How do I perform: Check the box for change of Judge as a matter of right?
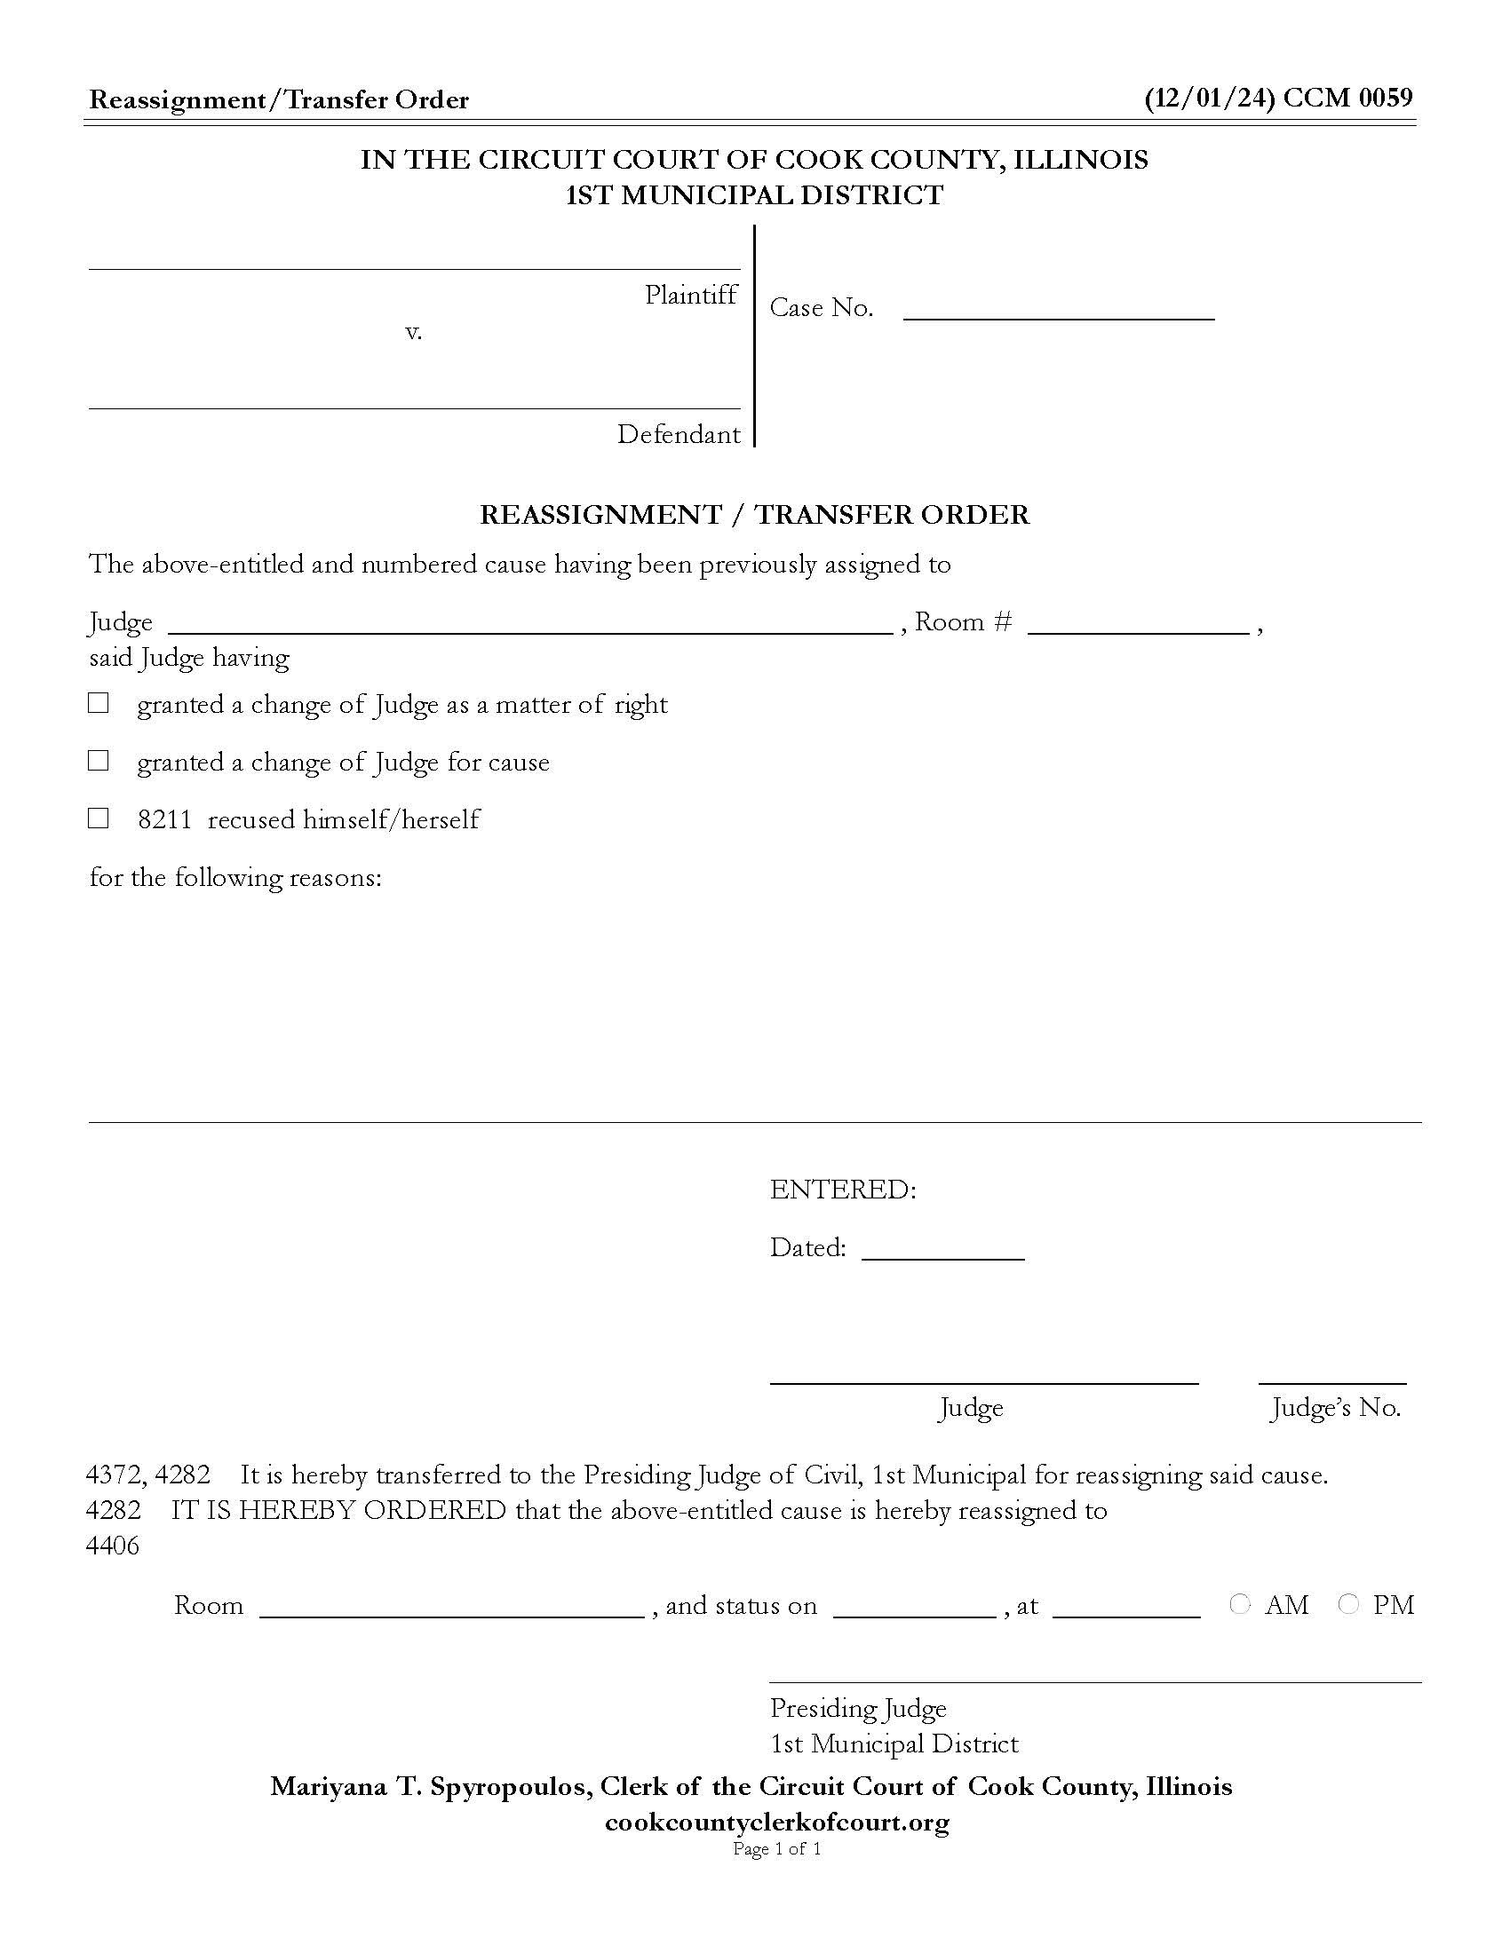coord(99,704)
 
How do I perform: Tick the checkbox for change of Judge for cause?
coord(99,761)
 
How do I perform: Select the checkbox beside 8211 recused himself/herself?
coord(99,818)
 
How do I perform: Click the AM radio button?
coord(1239,1604)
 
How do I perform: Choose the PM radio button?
coord(1348,1604)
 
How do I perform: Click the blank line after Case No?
coord(1058,310)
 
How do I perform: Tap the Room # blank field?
coord(1138,623)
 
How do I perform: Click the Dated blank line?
coord(942,1249)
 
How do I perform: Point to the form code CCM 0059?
coord(1348,98)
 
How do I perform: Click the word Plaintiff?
coord(690,295)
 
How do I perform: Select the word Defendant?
coord(678,435)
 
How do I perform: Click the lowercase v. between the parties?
coord(413,333)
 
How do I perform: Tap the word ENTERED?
coord(843,1190)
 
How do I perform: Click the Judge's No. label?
coord(1335,1409)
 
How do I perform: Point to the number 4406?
coord(113,1546)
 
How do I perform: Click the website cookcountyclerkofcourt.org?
coord(776,1822)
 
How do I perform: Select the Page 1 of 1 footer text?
coord(776,1848)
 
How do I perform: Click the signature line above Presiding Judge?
coord(1095,1681)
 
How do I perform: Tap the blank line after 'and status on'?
coord(914,1608)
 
